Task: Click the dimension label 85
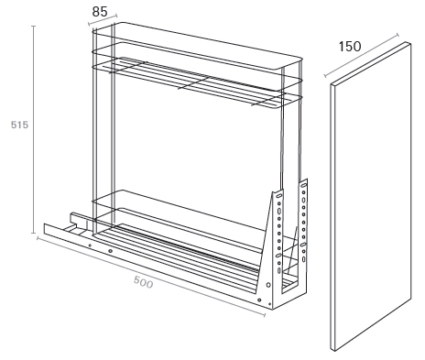coord(100,12)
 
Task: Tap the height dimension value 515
coord(19,125)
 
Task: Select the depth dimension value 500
coord(143,282)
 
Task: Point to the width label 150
coord(350,47)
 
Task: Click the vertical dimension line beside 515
coord(34,129)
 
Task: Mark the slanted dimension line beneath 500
coord(151,276)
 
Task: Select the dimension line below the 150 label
coord(362,55)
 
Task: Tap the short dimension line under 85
coord(103,19)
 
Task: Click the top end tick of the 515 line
coord(34,27)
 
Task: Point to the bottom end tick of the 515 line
coord(34,233)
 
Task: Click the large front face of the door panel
coord(373,195)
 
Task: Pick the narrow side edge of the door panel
coord(332,216)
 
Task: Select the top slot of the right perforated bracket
coord(304,185)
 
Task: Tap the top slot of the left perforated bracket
coord(278,195)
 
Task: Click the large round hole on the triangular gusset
coord(268,285)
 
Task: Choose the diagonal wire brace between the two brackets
coord(291,250)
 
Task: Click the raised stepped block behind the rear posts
coord(79,219)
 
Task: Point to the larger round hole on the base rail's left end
coord(111,251)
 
